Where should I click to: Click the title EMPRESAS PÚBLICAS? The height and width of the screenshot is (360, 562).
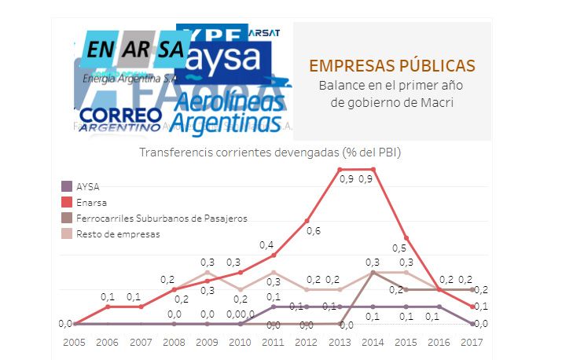(391, 65)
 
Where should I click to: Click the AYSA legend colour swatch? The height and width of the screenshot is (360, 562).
(68, 186)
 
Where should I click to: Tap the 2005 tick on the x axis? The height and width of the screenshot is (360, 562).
(74, 342)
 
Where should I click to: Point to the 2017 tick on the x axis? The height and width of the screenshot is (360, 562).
(472, 342)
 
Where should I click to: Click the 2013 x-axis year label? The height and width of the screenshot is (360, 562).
(340, 342)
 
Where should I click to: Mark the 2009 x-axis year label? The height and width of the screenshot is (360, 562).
(207, 342)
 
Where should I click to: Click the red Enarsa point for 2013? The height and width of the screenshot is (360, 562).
(340, 169)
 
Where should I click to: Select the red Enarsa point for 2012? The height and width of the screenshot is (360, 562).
(307, 221)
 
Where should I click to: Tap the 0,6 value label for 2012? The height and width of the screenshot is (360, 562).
(313, 231)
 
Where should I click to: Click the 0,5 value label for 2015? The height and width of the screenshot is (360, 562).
(399, 226)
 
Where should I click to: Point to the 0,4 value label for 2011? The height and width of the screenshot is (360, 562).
(266, 244)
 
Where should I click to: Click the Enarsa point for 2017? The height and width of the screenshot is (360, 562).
(472, 307)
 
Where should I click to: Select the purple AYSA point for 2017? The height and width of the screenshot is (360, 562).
(472, 323)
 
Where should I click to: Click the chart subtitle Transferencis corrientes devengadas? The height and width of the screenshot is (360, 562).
(270, 152)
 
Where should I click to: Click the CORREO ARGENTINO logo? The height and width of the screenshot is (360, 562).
(119, 118)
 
